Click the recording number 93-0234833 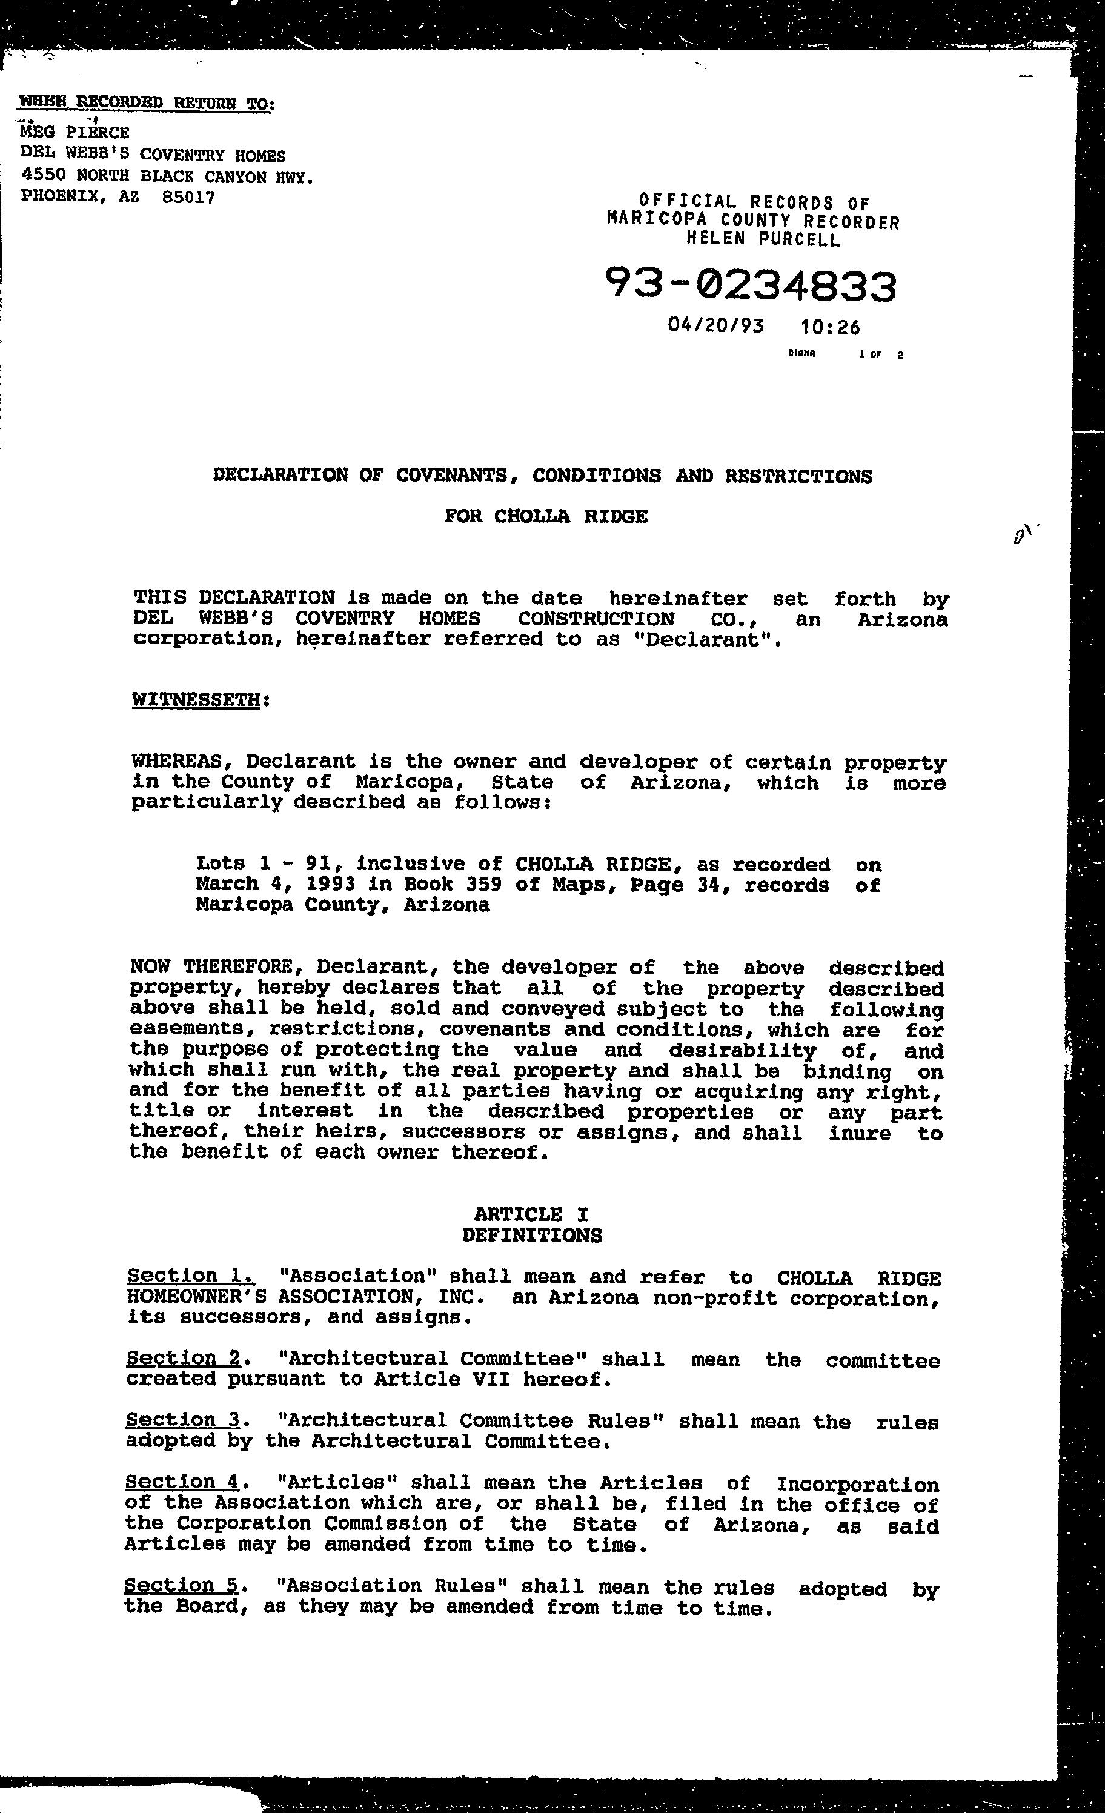(751, 286)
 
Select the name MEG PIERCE (75, 133)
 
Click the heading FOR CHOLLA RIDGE (546, 516)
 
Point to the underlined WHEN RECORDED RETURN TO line (147, 102)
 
